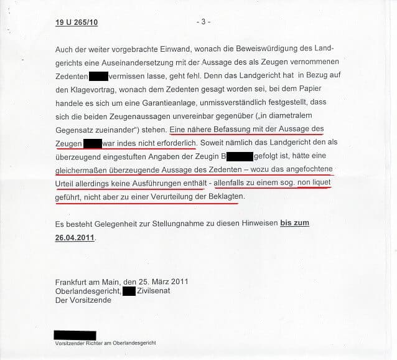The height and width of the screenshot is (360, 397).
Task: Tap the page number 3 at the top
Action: click(x=203, y=22)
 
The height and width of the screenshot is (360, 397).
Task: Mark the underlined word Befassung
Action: click(x=227, y=129)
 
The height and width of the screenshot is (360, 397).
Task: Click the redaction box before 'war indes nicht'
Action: click(x=92, y=143)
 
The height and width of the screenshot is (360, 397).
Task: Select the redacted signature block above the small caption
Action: click(x=75, y=335)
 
